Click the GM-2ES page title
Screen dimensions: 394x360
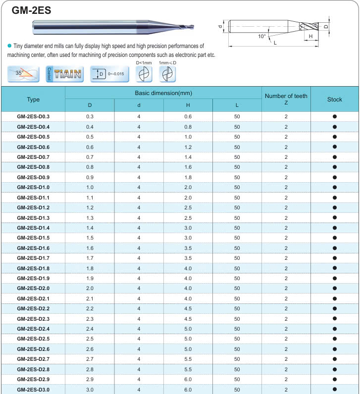[31, 10]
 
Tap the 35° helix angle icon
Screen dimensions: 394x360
[23, 74]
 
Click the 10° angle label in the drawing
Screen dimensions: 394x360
[261, 36]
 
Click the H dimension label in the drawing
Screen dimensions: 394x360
[310, 37]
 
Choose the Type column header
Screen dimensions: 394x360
[33, 99]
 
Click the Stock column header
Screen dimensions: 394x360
[335, 99]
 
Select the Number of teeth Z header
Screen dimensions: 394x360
[286, 99]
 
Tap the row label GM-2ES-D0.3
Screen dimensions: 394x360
[33, 116]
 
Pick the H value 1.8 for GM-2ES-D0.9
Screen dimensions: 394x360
[188, 177]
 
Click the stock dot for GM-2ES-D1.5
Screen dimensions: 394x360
[335, 238]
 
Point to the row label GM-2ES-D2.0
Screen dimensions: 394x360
[33, 289]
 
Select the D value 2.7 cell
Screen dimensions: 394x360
[90, 359]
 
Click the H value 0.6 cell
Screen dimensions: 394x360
[188, 116]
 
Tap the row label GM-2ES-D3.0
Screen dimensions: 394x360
[33, 390]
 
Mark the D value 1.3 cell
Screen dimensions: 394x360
[90, 218]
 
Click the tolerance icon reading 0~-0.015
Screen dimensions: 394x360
[108, 74]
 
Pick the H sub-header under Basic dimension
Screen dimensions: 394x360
[188, 105]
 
